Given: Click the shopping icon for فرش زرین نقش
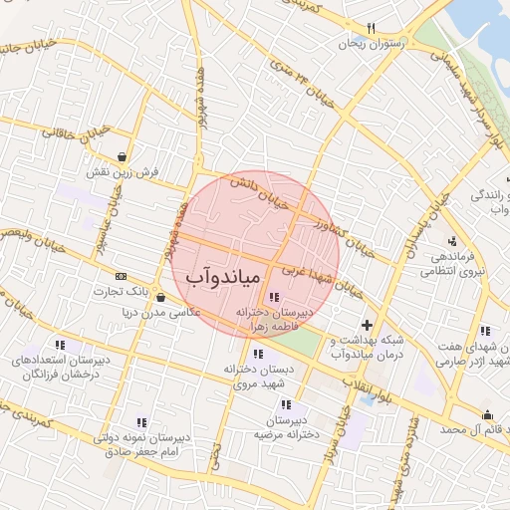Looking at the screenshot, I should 122,156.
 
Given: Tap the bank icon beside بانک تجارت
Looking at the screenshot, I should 122,276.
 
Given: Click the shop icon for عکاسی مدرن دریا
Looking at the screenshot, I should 160,296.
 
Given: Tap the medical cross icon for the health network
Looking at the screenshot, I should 367,325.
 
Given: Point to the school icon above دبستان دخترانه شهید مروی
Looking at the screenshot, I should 259,353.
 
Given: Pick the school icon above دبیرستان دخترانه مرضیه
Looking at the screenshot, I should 287,404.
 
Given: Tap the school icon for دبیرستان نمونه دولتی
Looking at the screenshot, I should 141,422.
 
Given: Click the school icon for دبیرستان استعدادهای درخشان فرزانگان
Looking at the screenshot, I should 75,345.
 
